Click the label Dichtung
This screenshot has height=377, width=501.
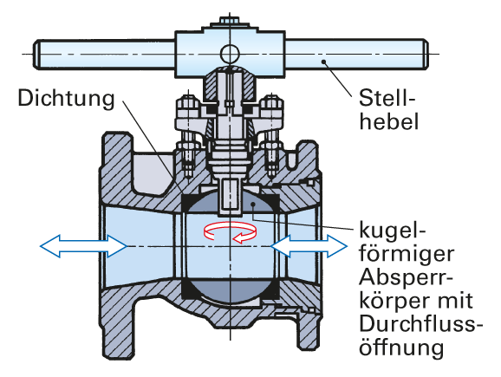(66, 99)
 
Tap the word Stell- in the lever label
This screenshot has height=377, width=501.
(387, 98)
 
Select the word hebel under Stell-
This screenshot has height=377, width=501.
(389, 121)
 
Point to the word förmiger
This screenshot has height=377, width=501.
(407, 254)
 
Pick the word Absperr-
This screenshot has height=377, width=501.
(406, 276)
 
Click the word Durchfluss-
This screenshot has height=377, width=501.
(420, 323)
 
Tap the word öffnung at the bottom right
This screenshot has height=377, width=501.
(401, 347)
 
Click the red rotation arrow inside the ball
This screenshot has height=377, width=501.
(231, 231)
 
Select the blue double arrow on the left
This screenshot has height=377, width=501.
(84, 246)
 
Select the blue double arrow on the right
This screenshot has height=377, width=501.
(309, 246)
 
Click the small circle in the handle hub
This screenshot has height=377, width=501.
(230, 54)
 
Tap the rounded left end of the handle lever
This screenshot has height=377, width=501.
(36, 54)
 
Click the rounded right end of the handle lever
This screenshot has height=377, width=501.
(425, 54)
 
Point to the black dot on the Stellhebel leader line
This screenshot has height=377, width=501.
(323, 62)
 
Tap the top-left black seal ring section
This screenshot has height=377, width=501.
(187, 202)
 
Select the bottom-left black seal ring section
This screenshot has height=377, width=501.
(188, 289)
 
